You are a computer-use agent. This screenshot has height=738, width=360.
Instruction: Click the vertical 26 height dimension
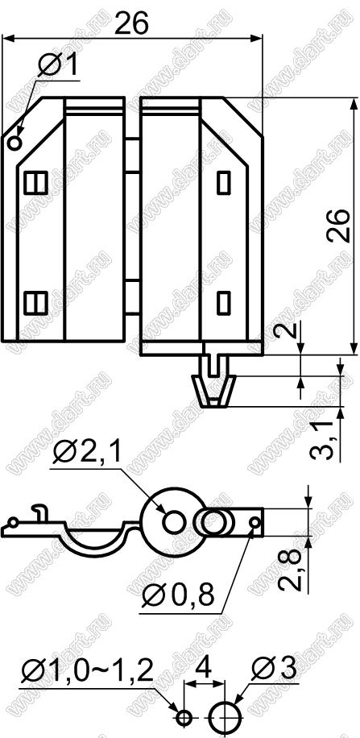[338, 226]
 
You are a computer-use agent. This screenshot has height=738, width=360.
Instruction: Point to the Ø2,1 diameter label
[87, 452]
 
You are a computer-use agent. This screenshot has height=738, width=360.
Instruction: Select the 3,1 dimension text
[323, 440]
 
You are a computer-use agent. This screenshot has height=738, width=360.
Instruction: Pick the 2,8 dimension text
[288, 569]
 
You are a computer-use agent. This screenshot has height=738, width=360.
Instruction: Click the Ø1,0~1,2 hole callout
[88, 670]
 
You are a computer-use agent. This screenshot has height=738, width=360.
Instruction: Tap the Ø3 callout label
[273, 668]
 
